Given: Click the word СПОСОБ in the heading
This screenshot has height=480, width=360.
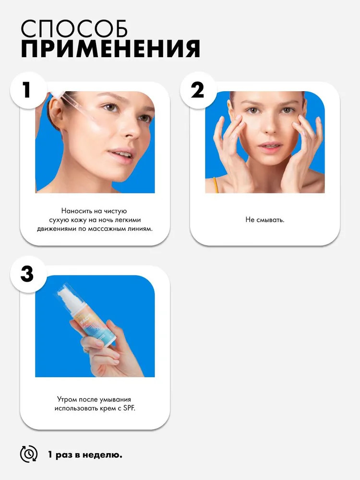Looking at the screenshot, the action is tap(74, 29).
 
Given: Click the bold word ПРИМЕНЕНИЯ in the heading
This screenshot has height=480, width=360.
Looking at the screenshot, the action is tap(110, 48).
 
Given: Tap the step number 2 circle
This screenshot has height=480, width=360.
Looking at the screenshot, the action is tap(198, 90).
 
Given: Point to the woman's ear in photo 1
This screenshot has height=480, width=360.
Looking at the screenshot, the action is tap(55, 113).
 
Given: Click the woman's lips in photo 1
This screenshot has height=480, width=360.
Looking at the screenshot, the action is tap(121, 155).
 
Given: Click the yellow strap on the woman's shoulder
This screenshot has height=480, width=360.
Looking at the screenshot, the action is tap(216, 185).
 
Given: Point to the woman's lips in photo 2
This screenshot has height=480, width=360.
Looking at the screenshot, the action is tap(270, 146).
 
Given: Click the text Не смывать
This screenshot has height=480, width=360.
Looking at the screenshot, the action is tap(265, 219).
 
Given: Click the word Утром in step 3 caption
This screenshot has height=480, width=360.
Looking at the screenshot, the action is tap(67, 399).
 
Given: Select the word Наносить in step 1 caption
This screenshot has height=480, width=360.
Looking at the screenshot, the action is tap(75, 211).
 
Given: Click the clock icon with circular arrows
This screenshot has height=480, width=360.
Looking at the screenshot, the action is tap(29, 454).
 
